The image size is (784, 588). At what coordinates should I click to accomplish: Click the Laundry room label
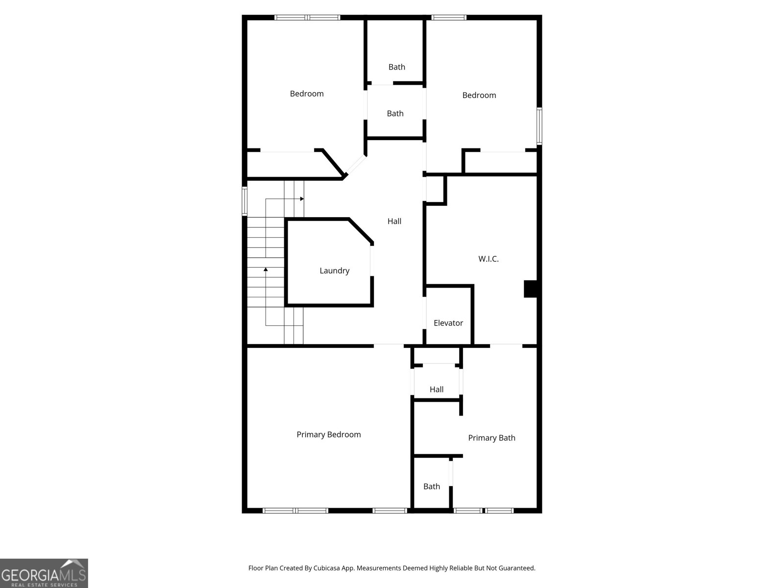click(x=334, y=270)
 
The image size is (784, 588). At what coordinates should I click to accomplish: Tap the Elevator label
click(x=448, y=323)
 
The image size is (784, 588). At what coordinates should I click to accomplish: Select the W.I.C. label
click(x=488, y=259)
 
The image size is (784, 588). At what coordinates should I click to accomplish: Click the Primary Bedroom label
click(x=328, y=435)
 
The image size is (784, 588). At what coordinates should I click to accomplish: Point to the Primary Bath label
click(x=491, y=438)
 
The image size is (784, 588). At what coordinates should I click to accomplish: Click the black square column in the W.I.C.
click(x=531, y=289)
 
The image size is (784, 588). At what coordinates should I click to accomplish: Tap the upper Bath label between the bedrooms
click(x=396, y=67)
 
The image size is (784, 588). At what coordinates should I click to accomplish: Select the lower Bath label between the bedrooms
click(x=395, y=114)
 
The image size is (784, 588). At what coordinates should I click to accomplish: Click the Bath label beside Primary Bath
click(x=431, y=487)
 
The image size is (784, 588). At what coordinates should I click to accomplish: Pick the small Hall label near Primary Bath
click(x=436, y=390)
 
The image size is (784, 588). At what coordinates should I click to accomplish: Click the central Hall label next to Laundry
click(x=394, y=221)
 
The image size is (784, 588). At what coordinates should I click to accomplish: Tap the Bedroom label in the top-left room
click(x=306, y=94)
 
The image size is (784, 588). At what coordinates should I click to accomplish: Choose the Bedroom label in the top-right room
click(x=479, y=95)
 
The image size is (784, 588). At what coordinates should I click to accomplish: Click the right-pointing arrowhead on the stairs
click(x=302, y=199)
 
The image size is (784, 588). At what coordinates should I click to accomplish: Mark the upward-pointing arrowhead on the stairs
click(x=266, y=269)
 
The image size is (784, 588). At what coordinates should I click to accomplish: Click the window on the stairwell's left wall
click(x=245, y=201)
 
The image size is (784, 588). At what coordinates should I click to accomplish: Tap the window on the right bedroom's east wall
click(x=539, y=126)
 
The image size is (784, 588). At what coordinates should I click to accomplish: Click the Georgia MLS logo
click(x=44, y=573)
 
